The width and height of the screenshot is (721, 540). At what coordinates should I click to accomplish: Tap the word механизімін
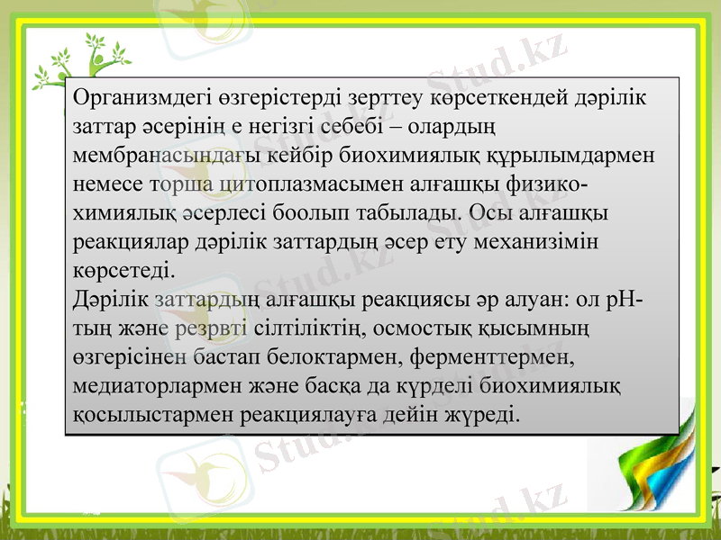(542, 244)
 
